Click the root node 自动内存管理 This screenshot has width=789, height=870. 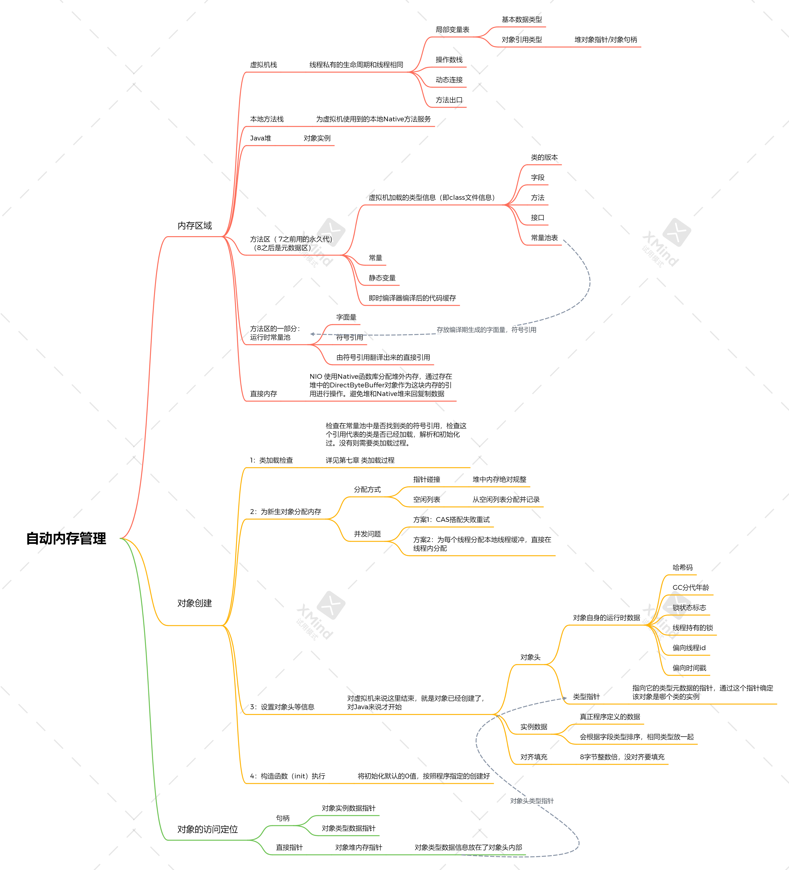[66, 539]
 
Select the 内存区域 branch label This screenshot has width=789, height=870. [194, 226]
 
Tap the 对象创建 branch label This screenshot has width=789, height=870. [194, 603]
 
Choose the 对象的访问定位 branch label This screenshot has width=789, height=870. [207, 829]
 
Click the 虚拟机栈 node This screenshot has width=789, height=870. [264, 65]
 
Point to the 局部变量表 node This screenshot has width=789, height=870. [452, 30]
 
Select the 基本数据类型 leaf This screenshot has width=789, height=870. [522, 19]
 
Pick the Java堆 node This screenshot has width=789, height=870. [261, 138]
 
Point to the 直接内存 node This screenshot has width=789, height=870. [264, 394]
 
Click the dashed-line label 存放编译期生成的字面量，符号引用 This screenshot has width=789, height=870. [486, 330]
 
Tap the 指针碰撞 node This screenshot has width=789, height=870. [427, 480]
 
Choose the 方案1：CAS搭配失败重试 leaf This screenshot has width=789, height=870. [451, 520]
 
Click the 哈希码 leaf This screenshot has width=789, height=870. [683, 568]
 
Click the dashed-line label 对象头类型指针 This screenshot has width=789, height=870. [532, 801]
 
